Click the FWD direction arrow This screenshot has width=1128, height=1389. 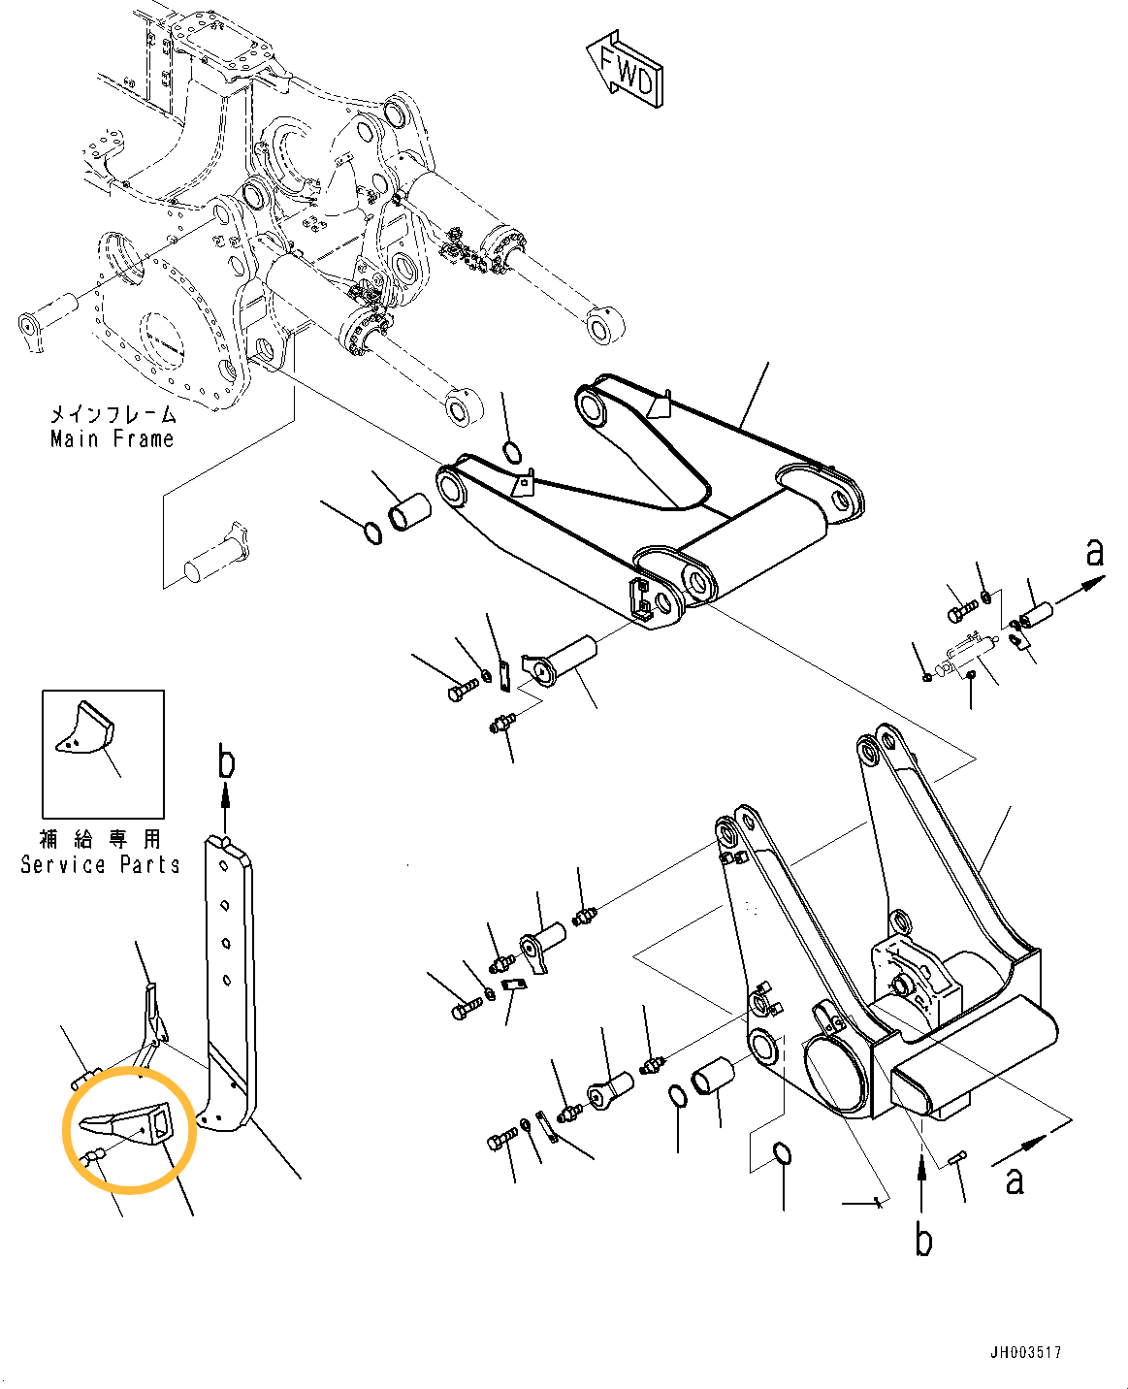626,70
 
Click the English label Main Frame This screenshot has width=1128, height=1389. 113,438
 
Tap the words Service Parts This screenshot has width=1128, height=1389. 100,864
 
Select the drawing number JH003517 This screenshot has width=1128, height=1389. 1025,1352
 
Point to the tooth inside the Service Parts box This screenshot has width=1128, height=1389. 84,728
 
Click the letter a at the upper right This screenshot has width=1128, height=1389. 1095,552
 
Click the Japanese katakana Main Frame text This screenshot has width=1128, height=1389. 113,414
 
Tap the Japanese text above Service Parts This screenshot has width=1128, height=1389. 100,839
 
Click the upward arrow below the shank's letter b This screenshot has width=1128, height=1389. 226,807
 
